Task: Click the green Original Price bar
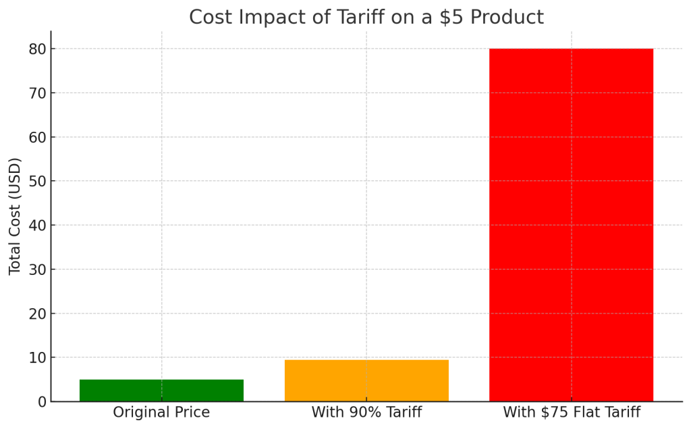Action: (x=161, y=390)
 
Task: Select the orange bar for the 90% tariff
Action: (x=366, y=380)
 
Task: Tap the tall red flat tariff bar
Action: (x=571, y=225)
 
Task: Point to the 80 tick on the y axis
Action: (x=36, y=49)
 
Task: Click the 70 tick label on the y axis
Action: (x=36, y=93)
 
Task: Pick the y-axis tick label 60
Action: (x=36, y=137)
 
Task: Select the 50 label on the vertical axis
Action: (x=36, y=181)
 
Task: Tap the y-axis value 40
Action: (x=36, y=225)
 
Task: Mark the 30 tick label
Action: (x=36, y=270)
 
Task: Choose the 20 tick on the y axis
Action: (x=36, y=313)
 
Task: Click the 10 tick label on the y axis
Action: (x=36, y=357)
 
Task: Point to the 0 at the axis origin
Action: (x=41, y=401)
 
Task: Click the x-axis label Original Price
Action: (x=161, y=412)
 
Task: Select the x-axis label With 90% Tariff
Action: (x=366, y=412)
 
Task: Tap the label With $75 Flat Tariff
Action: (x=571, y=412)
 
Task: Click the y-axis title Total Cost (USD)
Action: (x=15, y=216)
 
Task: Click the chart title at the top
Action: (x=366, y=17)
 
